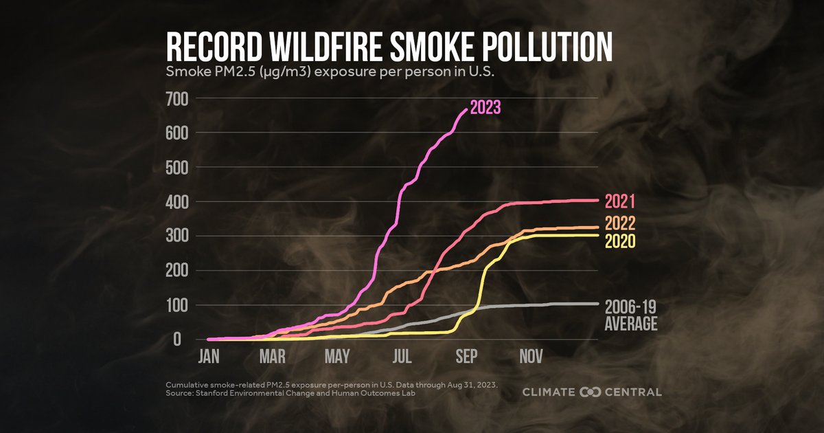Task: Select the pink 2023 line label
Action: [485, 107]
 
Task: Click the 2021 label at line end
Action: [619, 201]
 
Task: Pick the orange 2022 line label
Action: [620, 224]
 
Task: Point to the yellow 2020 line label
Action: [620, 241]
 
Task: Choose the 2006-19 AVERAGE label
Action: [630, 315]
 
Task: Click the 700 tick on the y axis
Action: [178, 98]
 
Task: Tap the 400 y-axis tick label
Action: [178, 201]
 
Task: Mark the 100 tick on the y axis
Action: [178, 305]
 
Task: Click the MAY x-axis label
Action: [337, 357]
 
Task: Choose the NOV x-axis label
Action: [531, 357]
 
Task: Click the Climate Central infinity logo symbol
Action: [591, 392]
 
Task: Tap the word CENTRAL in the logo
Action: [634, 392]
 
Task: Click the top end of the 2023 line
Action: [466, 109]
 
